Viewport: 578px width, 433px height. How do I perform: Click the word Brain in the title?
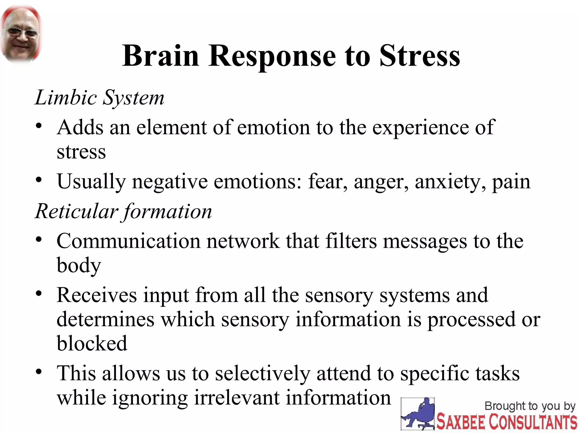pyautogui.click(x=161, y=56)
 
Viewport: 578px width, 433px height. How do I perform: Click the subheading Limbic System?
pyautogui.click(x=99, y=98)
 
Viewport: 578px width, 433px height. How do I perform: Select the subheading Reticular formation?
pyautogui.click(x=123, y=211)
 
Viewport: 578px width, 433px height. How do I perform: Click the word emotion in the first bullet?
pyautogui.click(x=273, y=127)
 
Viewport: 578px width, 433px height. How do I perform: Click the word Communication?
pyautogui.click(x=128, y=241)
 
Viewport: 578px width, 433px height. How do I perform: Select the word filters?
pyautogui.click(x=351, y=241)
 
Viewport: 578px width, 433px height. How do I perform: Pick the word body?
pyautogui.click(x=79, y=266)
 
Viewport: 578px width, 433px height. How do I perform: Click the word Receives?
pyautogui.click(x=96, y=295)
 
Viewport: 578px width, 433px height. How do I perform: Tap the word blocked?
pyautogui.click(x=92, y=344)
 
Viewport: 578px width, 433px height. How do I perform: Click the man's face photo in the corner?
pyautogui.click(x=21, y=34)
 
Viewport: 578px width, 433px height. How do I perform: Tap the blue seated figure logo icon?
pyautogui.click(x=418, y=414)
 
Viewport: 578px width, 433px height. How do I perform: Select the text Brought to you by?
pyautogui.click(x=530, y=406)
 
